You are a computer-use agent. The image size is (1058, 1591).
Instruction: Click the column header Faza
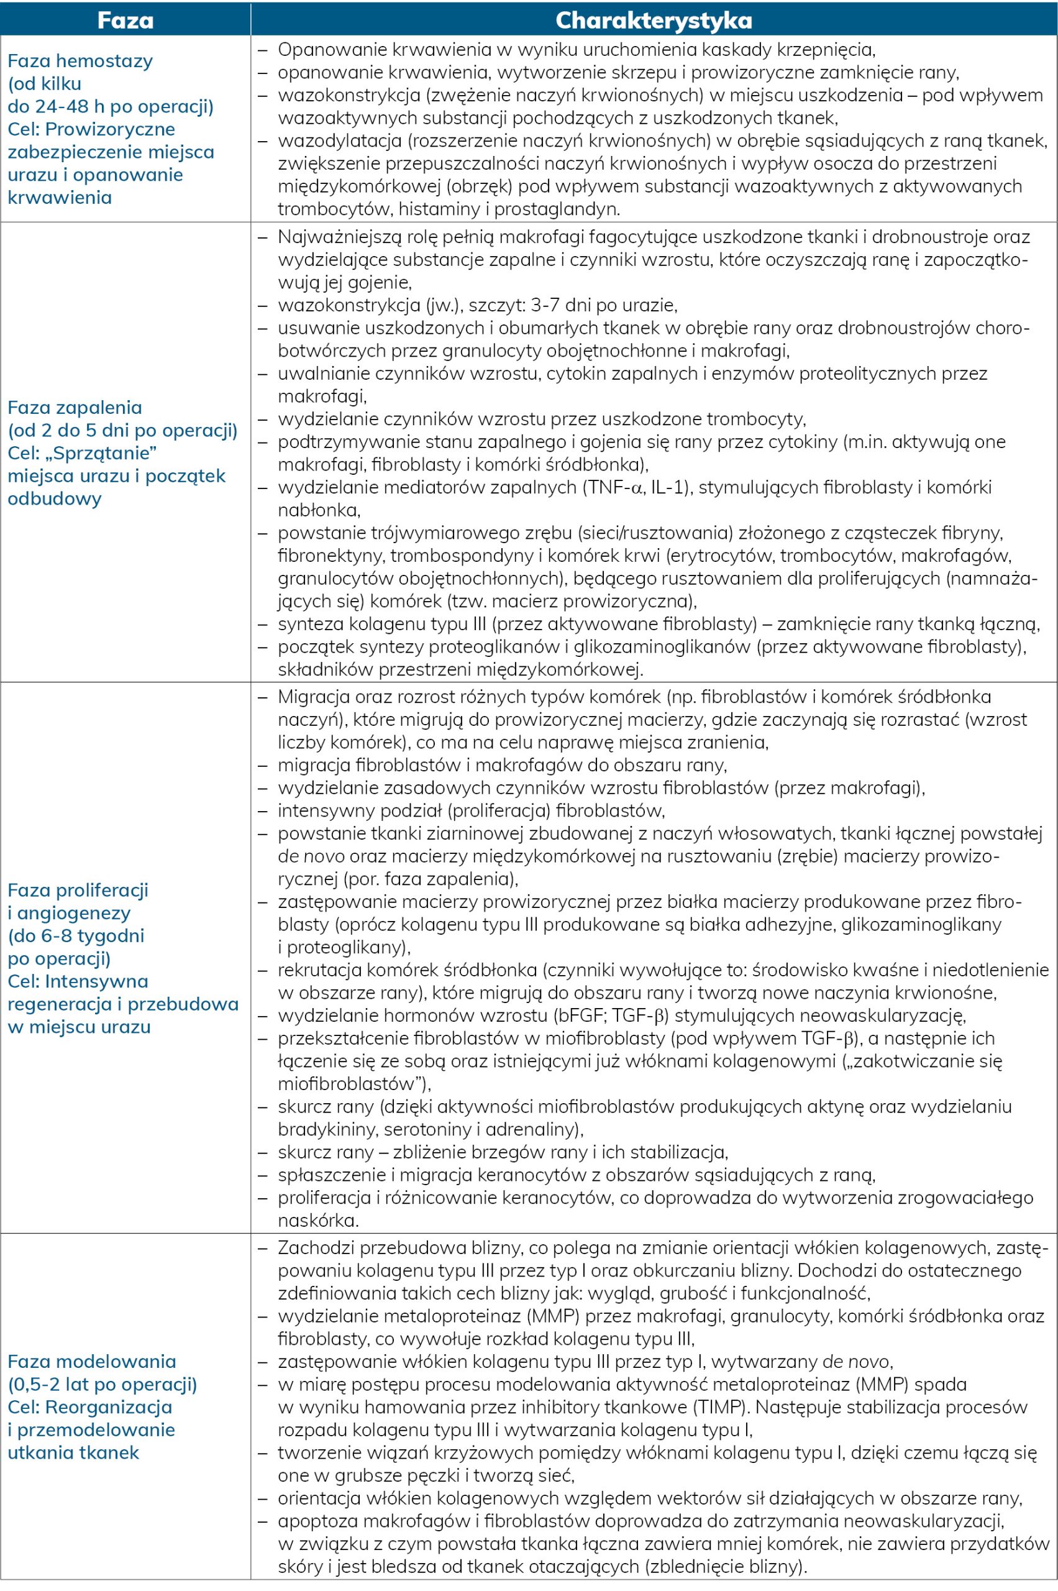click(125, 19)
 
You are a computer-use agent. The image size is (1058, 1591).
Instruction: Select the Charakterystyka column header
click(653, 19)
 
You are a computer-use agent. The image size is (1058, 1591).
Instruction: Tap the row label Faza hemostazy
click(80, 61)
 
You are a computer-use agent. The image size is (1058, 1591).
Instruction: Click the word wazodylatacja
click(331, 141)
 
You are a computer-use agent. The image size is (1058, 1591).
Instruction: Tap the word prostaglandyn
click(557, 209)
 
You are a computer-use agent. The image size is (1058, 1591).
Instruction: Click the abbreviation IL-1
click(669, 487)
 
